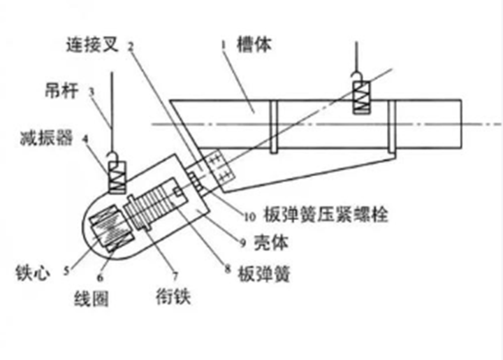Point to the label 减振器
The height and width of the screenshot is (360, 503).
(x=46, y=138)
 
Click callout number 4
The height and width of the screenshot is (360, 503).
(x=85, y=138)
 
